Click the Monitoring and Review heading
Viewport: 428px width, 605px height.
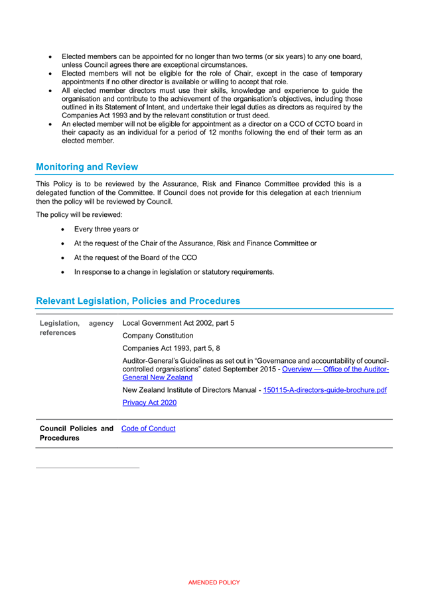point(87,167)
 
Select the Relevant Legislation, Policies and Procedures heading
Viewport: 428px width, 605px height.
point(138,301)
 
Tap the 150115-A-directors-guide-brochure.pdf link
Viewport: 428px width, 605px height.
point(324,390)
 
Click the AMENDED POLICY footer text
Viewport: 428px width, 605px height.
point(214,582)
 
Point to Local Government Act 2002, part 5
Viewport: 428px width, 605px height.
point(178,323)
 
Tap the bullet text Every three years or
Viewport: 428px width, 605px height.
point(106,229)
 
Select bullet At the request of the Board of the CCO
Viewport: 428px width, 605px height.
point(135,257)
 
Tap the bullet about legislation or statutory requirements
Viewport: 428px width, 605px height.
point(174,272)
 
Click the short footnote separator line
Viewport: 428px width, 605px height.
point(88,468)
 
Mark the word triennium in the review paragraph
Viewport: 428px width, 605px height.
point(338,192)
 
